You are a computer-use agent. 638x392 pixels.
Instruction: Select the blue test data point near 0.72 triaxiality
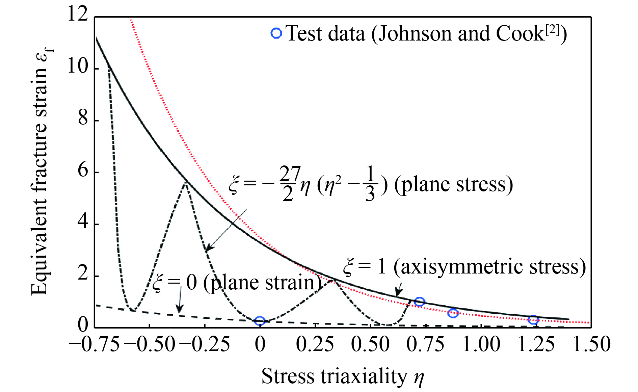pyautogui.click(x=419, y=302)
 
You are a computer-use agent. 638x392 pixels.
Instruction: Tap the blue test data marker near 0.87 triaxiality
pyautogui.click(x=453, y=313)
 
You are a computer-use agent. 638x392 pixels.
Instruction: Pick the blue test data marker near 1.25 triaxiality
pyautogui.click(x=533, y=320)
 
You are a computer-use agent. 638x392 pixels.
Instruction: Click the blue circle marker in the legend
pyautogui.click(x=276, y=33)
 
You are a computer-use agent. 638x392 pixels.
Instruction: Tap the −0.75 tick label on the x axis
pyautogui.click(x=95, y=345)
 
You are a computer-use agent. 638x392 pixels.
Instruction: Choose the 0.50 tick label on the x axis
pyautogui.click(x=370, y=345)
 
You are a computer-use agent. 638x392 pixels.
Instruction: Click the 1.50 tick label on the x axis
pyautogui.click(x=591, y=345)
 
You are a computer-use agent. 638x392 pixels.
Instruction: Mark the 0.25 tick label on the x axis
pyautogui.click(x=315, y=345)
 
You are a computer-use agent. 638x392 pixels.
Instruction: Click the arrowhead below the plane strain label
pyautogui.click(x=180, y=309)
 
